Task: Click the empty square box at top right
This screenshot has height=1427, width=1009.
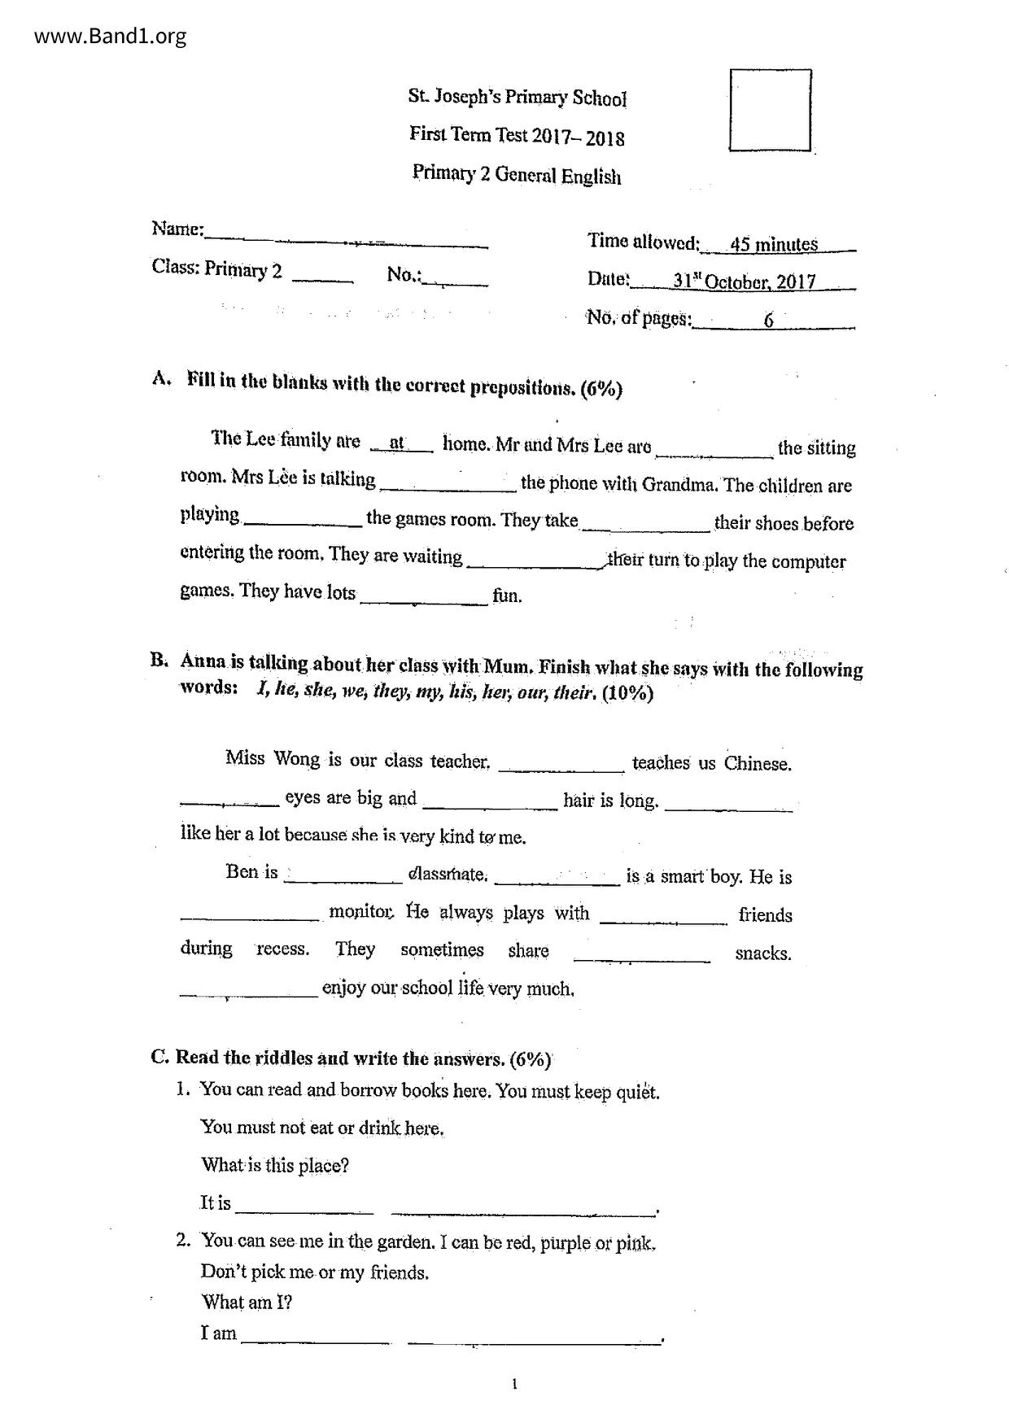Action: [x=770, y=111]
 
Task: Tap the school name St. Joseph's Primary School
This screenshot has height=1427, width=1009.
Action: [x=517, y=98]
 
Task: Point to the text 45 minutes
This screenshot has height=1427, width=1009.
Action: [x=774, y=244]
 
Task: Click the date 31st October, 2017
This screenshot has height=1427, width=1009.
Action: [x=744, y=281]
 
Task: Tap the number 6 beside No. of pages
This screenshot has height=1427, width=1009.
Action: [x=769, y=320]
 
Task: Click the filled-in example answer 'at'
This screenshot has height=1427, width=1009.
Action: [x=397, y=443]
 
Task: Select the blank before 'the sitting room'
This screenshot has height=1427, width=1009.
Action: [x=714, y=450]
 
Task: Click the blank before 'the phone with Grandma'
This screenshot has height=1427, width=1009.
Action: [x=448, y=486]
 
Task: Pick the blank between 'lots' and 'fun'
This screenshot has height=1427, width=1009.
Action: [x=423, y=597]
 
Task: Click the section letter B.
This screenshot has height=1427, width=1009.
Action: [x=159, y=660]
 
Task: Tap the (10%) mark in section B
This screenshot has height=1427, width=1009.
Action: [x=627, y=693]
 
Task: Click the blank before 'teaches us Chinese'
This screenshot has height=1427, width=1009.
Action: [x=561, y=765]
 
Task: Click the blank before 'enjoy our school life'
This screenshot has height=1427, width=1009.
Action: [x=248, y=991]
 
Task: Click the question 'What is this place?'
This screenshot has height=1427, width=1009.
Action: [x=275, y=1165]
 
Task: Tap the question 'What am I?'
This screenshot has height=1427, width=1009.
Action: [x=247, y=1303]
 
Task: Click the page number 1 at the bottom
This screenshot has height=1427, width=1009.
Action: [x=514, y=1384]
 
